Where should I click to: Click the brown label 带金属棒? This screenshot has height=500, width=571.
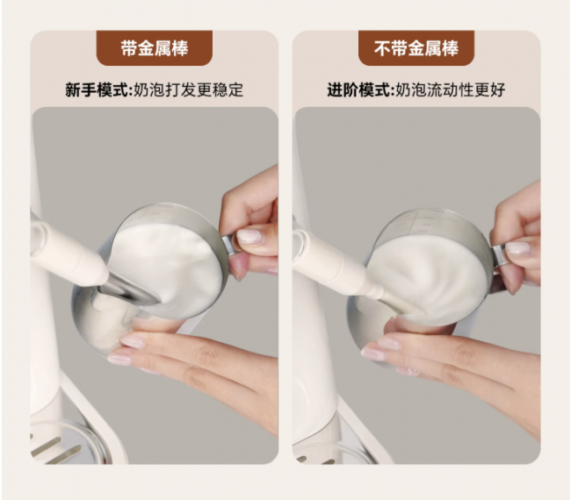[x=155, y=48]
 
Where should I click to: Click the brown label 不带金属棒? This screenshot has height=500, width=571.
[x=416, y=48]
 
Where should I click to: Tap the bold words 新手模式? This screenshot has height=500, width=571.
[x=97, y=89]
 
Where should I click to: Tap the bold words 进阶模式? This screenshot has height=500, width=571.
[x=358, y=89]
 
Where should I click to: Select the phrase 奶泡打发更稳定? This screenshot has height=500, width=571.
[x=189, y=89]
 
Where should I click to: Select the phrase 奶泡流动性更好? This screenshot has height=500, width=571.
[x=451, y=89]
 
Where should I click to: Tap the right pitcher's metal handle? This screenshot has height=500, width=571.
[x=500, y=256]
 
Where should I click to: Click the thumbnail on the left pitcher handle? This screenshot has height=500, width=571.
[x=249, y=236]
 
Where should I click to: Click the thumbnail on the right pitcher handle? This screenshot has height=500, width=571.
[x=517, y=249]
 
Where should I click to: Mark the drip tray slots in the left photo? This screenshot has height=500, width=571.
[x=54, y=449]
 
